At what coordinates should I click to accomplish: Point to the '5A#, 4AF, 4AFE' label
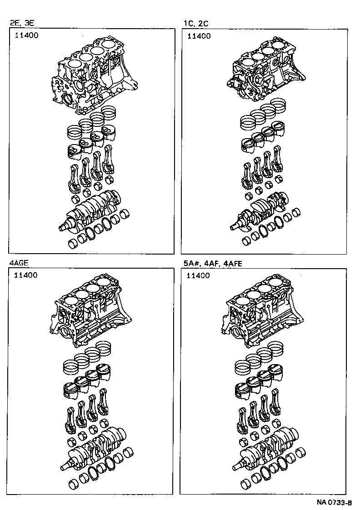coord(207,262)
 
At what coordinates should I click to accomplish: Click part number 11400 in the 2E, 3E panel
coord(25,36)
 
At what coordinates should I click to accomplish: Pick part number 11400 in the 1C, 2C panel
coord(199,36)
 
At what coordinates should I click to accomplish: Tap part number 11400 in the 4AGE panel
coord(25,275)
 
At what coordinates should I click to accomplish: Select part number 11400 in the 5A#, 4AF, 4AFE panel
coord(198,275)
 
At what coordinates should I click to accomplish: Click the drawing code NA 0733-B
coord(335,503)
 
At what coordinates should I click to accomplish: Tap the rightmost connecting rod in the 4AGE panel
coord(104,402)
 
